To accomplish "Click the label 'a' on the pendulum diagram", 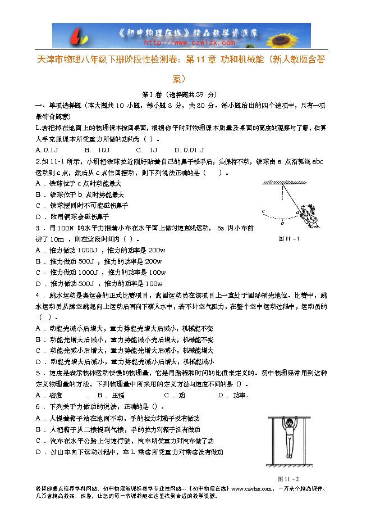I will pyautogui.click(x=297, y=212).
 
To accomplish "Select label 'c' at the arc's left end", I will pyautogui.click(x=263, y=211).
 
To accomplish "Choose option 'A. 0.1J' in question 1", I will pyautogui.click(x=47, y=150).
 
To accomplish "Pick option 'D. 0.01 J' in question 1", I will pyautogui.click(x=189, y=150).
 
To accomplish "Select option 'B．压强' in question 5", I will pyautogui.click(x=111, y=395).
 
